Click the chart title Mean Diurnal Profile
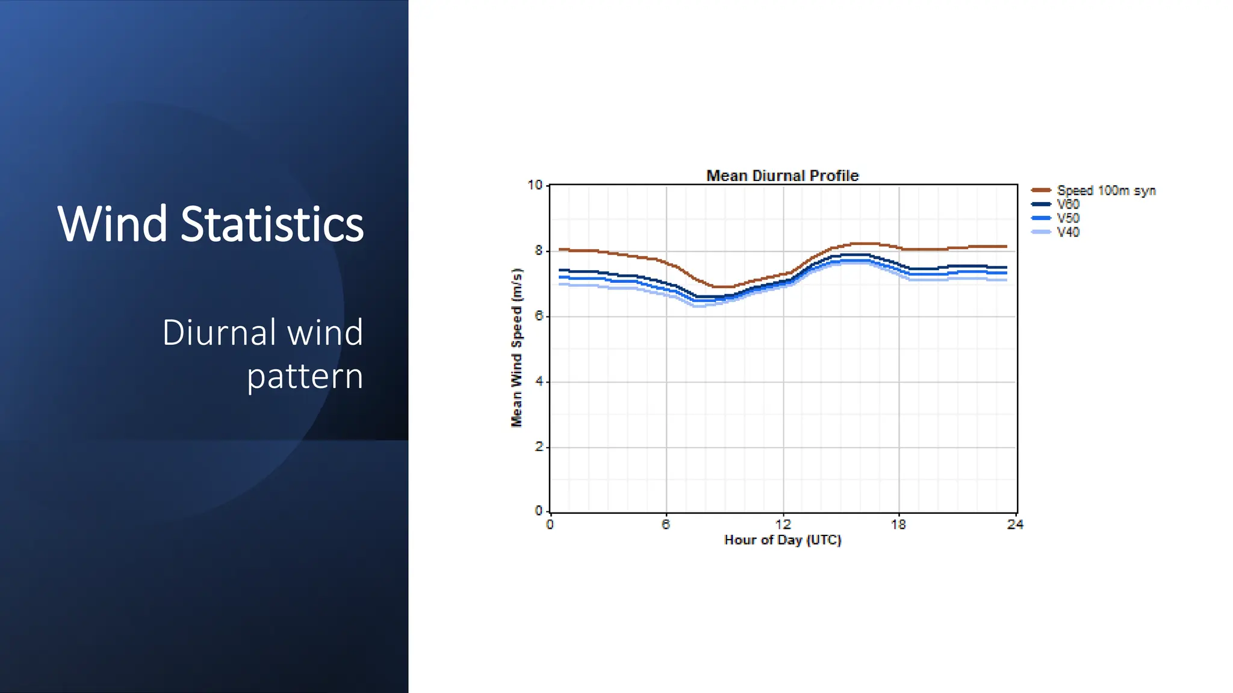782,176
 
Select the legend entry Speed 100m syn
1093,191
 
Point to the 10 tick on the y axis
535,185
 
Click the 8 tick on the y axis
539,251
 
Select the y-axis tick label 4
539,381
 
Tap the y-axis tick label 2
539,447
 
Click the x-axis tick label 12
783,525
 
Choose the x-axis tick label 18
898,525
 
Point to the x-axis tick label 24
1015,525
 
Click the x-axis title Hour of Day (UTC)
783,540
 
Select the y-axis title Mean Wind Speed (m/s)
517,348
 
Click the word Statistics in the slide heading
272,224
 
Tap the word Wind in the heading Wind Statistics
113,224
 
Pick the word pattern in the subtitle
305,378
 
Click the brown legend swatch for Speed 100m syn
1041,190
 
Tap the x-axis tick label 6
666,525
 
